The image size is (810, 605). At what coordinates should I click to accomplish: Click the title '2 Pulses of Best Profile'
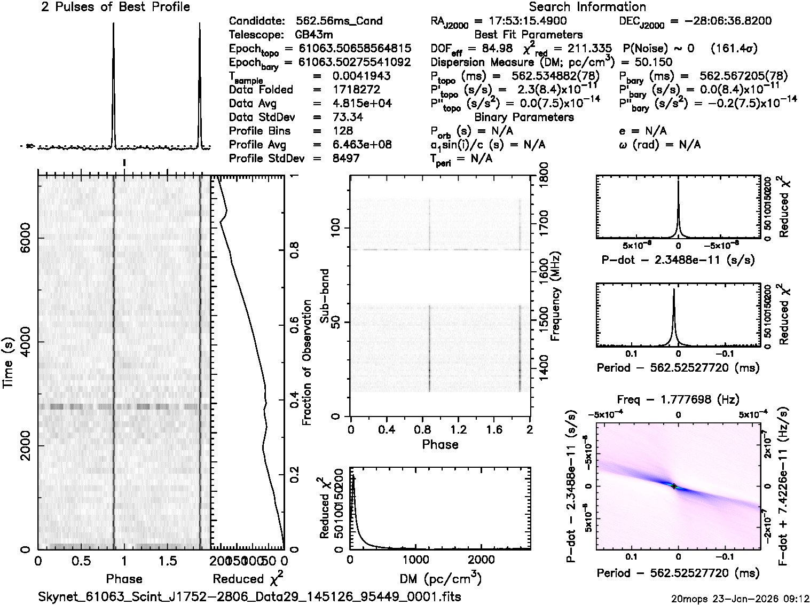point(115,7)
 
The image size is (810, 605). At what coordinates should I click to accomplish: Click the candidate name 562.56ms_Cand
point(339,21)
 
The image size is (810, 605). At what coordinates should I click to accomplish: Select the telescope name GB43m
point(313,35)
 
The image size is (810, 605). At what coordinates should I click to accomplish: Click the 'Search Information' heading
point(587,7)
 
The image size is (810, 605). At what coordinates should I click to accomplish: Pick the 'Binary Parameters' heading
point(524,117)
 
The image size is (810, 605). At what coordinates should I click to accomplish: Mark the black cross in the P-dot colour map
point(674,486)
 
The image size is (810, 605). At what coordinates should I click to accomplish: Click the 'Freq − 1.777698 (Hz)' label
point(678,399)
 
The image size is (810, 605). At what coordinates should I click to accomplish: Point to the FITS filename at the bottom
point(250,596)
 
